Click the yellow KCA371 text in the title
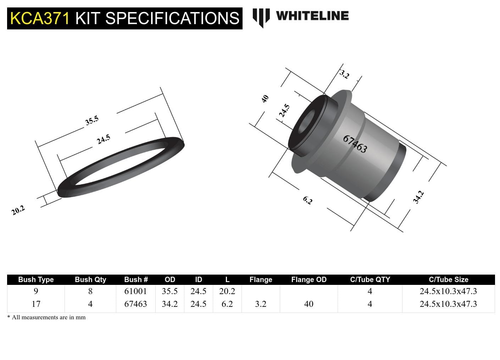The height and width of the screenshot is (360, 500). [40, 18]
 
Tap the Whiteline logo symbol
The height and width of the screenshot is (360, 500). [261, 17]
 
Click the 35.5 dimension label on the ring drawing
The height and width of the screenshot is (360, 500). [91, 121]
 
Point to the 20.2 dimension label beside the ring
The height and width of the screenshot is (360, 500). [18, 210]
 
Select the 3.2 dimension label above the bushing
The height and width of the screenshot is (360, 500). [344, 74]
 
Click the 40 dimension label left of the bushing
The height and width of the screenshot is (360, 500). [265, 99]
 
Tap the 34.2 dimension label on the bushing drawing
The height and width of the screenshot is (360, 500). [418, 197]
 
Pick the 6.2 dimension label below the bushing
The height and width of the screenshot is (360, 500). [307, 201]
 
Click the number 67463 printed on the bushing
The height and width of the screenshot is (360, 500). [355, 144]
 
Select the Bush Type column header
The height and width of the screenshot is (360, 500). [36, 280]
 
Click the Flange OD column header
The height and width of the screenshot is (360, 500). [309, 280]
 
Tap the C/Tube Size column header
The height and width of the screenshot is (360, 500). [448, 280]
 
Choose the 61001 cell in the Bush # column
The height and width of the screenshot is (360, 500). [135, 291]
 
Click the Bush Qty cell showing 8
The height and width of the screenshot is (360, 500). [90, 291]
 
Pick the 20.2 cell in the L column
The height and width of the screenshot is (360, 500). [227, 291]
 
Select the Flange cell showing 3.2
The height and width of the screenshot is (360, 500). [261, 304]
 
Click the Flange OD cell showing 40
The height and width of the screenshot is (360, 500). [309, 304]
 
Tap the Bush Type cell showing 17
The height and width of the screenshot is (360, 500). [36, 304]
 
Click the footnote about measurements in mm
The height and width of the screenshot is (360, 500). [46, 317]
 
